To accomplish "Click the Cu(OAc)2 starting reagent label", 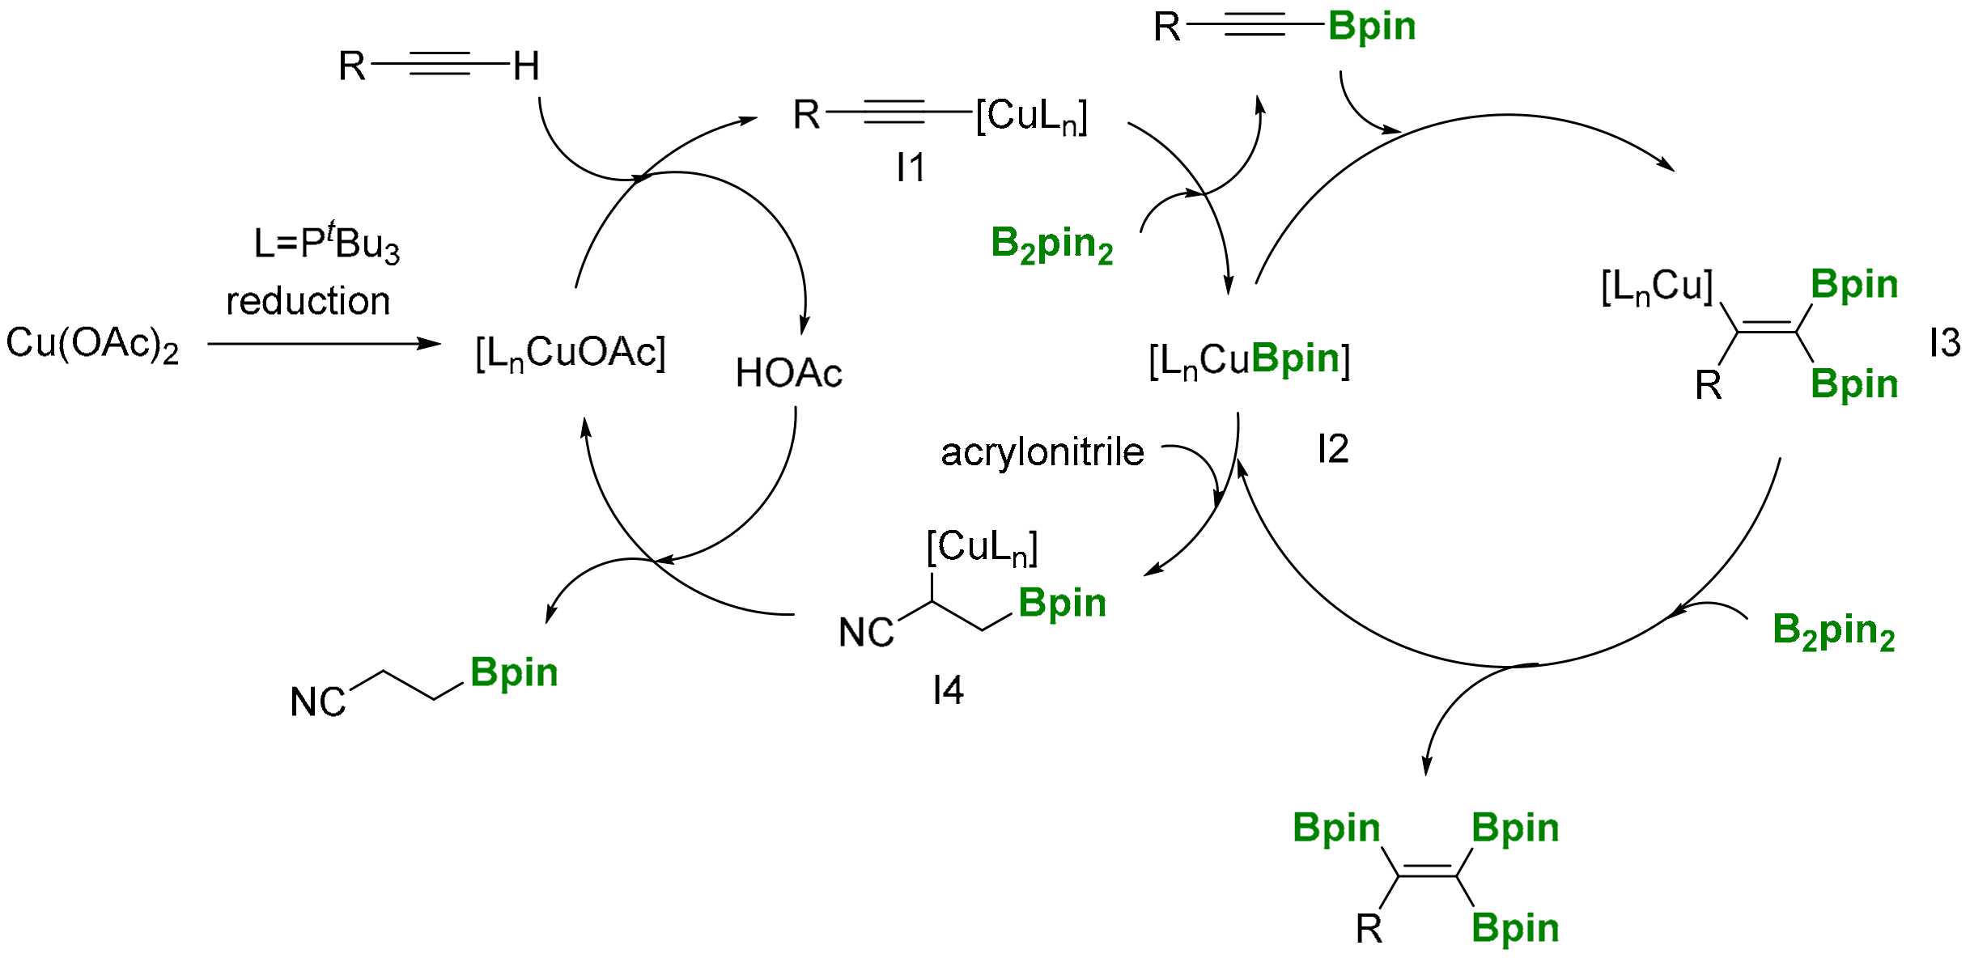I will tap(91, 344).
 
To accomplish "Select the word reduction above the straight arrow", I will tap(308, 301).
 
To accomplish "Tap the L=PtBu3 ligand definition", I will tap(326, 244).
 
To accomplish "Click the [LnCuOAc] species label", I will tap(571, 354).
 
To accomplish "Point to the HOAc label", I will tap(788, 374).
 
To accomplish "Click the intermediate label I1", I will tap(911, 168).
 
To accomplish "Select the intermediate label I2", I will tap(1333, 448).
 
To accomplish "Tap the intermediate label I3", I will tap(1944, 343).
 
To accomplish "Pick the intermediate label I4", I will tap(948, 690).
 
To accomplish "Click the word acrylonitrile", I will tap(1042, 451).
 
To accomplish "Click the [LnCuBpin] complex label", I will tap(1249, 360).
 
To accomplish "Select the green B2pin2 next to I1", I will tap(1051, 244).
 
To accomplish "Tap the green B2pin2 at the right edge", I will tap(1833, 630).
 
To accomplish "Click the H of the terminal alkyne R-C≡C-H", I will tap(526, 66).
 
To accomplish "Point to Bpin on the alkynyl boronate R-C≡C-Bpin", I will tap(1372, 27).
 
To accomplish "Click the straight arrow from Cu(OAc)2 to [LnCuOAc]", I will tap(324, 344).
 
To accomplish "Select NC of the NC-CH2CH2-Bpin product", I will tap(317, 702).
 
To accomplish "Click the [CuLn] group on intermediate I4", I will tap(982, 548).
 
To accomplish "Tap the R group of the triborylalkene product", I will tap(1369, 929).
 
